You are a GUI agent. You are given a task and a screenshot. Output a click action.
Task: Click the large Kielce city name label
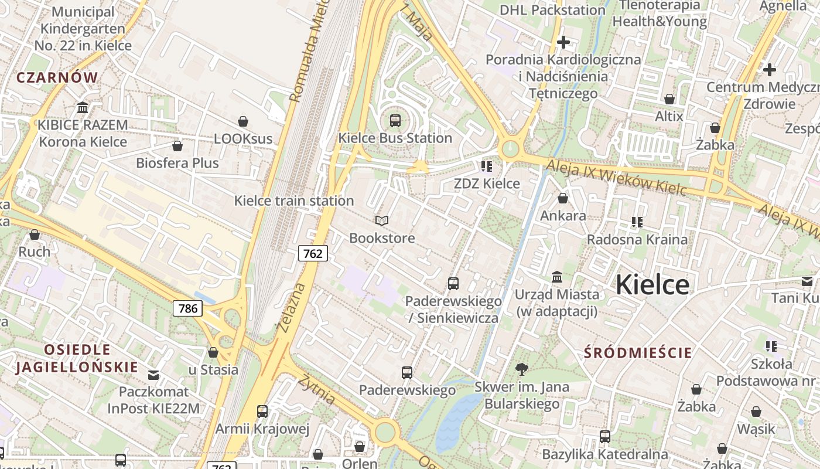pos(652,285)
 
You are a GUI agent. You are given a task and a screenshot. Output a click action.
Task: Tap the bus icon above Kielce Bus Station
pos(395,121)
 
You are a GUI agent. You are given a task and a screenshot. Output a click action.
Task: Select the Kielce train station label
pos(294,201)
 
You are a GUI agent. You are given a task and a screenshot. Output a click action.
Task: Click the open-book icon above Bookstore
pos(382,221)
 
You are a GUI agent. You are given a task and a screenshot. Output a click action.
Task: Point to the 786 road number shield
pos(187,308)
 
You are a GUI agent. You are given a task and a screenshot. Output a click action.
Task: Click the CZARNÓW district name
pos(57,77)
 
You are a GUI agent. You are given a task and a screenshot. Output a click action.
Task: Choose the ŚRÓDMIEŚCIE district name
pos(638,353)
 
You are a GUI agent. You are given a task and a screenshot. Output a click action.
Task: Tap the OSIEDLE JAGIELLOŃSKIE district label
pos(77,359)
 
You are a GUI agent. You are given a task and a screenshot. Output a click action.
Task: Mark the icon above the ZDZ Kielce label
pos(487,166)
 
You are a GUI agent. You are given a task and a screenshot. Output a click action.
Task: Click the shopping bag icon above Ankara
pos(563,199)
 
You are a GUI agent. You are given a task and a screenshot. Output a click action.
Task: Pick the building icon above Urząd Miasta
pos(557,277)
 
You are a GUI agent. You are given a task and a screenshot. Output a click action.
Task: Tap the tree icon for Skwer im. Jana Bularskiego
pos(521,369)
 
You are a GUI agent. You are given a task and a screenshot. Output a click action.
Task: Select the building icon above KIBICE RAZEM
pos(83,108)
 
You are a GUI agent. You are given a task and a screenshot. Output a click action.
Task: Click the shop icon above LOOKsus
pos(243,121)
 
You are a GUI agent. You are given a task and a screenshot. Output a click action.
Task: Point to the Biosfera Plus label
pos(177,163)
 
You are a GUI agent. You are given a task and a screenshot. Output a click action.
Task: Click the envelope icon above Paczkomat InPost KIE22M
pos(153,375)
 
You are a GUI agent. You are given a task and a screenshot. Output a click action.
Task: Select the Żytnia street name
pos(317,389)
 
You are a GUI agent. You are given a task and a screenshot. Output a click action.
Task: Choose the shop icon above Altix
pos(669,99)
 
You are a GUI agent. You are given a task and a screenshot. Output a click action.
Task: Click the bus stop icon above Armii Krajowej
pos(262,412)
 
